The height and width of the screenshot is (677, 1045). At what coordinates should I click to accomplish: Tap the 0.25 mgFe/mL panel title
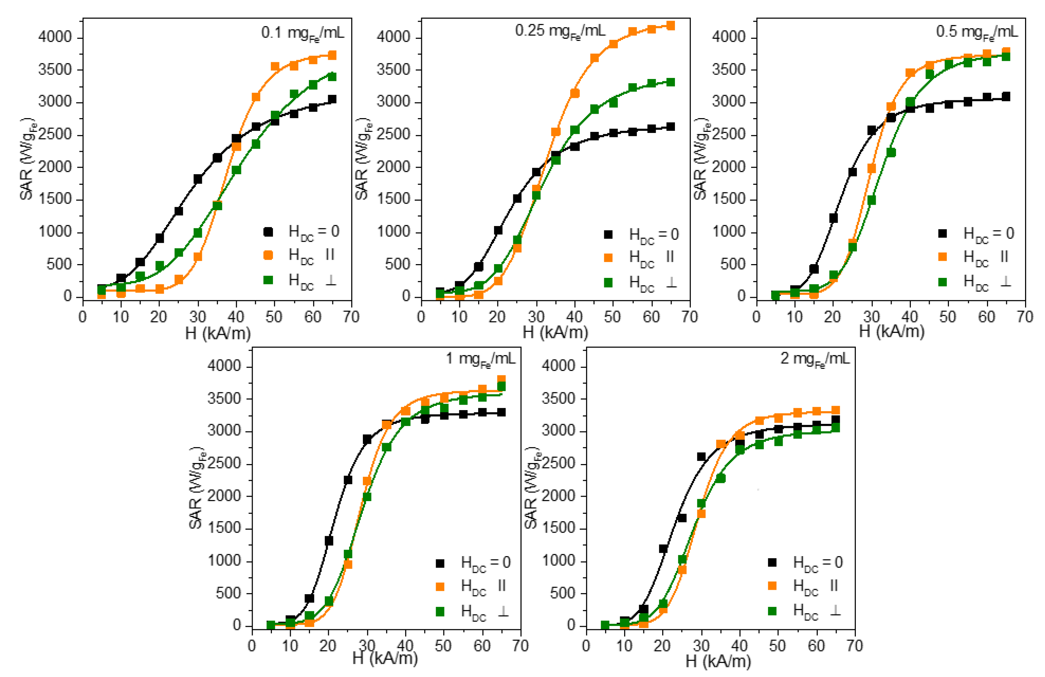point(560,31)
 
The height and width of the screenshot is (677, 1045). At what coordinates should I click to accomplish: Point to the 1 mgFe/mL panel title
point(480,359)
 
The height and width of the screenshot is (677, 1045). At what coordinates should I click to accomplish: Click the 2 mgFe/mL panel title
point(815,359)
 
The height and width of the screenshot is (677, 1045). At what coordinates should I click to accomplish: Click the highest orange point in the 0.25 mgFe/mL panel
point(670,25)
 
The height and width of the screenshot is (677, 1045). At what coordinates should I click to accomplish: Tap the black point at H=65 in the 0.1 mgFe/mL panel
point(332,99)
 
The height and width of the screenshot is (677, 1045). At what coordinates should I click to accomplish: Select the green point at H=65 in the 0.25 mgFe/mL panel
point(670,82)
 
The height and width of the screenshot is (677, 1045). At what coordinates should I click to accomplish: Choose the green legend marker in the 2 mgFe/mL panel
point(772,611)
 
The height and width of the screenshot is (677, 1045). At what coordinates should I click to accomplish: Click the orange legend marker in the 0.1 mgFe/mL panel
point(268,255)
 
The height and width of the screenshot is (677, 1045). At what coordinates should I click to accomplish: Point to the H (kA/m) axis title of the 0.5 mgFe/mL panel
point(891,331)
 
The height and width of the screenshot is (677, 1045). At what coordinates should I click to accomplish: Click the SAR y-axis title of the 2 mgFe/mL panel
point(532,488)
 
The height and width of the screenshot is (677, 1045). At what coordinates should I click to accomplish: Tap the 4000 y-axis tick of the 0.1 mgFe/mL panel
point(55,37)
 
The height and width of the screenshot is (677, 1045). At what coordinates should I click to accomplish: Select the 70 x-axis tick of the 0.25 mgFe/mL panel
point(690,316)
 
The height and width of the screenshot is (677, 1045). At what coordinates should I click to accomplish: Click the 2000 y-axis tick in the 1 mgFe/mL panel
point(224,496)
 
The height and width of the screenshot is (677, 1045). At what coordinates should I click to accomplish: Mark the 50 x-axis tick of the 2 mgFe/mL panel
point(778,646)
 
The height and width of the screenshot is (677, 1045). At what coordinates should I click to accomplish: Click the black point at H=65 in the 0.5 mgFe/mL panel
point(1006,97)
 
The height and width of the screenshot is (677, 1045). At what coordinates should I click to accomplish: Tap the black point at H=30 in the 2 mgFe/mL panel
point(701,457)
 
